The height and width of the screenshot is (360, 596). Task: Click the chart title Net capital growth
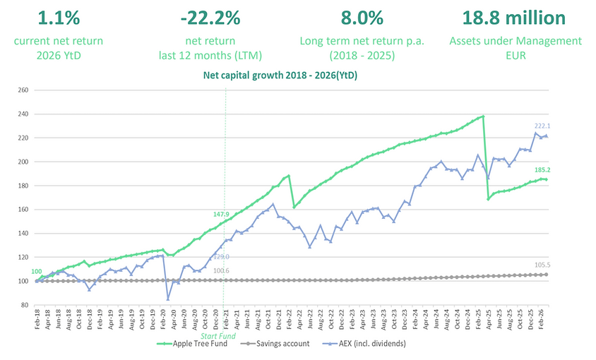280,76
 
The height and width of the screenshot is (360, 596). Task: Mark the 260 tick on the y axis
23,90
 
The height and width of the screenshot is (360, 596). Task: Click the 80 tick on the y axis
25,305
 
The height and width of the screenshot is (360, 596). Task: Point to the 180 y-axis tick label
23,186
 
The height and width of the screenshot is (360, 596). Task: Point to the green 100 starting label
36,272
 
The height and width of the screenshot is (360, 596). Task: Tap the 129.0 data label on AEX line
222,257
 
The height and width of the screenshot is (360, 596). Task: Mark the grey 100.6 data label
222,270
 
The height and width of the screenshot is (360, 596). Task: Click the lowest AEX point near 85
168,299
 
